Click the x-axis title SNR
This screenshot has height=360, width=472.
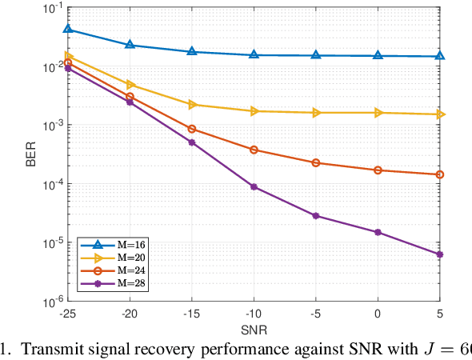(254, 330)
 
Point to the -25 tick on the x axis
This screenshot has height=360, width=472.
(68, 314)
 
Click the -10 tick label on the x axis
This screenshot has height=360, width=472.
(254, 314)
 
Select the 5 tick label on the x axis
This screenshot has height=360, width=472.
(439, 314)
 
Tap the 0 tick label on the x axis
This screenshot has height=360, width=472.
(378, 314)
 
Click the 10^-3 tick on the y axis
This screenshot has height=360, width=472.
(55, 126)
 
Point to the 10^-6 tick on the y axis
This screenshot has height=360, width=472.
(55, 302)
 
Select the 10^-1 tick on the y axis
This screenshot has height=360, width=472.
(55, 8)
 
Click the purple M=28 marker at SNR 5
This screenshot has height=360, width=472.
(439, 254)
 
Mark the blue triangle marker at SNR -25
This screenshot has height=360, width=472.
(68, 30)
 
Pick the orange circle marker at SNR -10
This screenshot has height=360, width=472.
(254, 150)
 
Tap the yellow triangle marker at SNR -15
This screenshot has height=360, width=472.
(192, 105)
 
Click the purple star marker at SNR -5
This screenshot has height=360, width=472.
(316, 216)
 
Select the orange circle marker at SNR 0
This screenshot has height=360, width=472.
(378, 170)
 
